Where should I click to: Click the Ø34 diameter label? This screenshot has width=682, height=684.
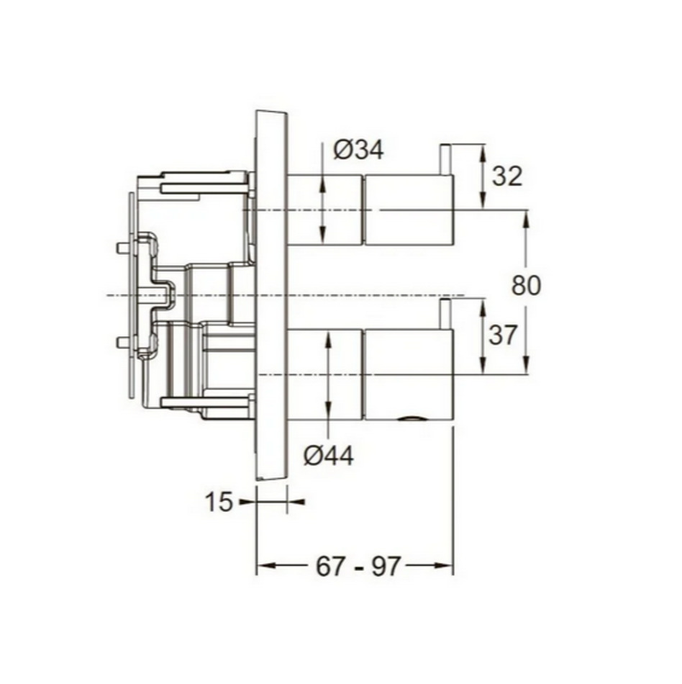[358, 150]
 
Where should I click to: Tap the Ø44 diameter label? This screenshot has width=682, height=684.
[329, 456]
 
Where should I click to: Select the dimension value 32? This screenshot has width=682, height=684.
[506, 176]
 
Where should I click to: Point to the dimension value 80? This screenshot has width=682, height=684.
[526, 286]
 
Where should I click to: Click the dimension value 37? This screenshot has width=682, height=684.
[503, 335]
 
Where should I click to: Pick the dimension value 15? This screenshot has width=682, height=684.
[218, 502]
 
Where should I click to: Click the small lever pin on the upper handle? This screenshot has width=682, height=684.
[445, 160]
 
